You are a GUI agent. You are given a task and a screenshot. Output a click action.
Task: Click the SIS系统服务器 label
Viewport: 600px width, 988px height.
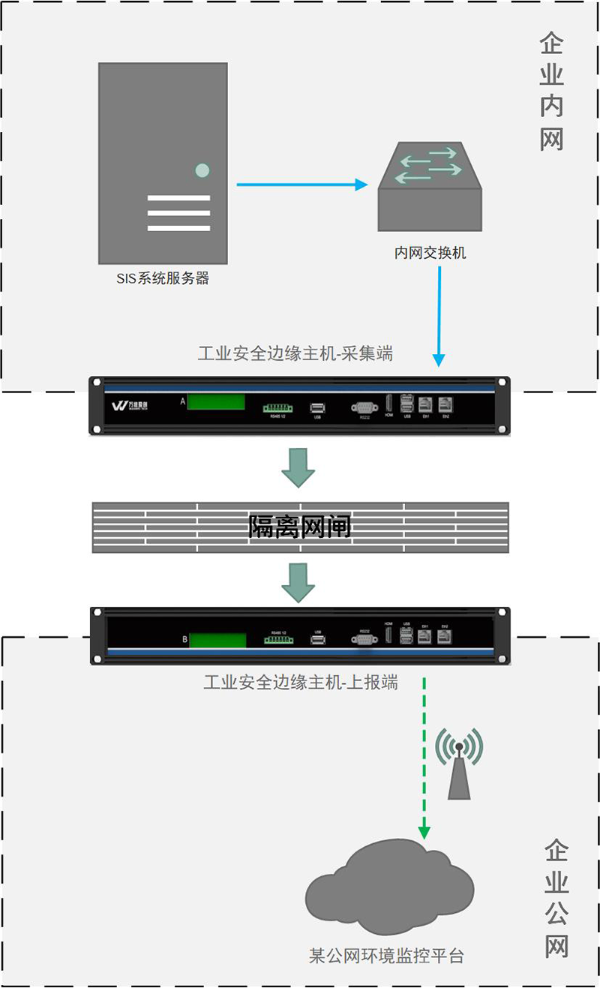pos(163,279)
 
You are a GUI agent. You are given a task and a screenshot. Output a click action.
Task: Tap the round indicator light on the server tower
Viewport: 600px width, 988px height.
pos(202,170)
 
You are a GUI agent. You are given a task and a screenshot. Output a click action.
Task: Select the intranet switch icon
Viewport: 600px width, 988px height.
pos(430,188)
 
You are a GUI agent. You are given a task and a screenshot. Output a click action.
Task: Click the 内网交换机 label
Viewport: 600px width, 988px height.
pos(430,253)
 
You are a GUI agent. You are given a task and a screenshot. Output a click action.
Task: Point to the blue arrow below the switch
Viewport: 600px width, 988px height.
pos(439,315)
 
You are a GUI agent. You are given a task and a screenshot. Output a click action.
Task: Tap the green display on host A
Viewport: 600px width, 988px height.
pos(216,402)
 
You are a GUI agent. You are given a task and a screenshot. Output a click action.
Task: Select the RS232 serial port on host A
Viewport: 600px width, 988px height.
pos(364,407)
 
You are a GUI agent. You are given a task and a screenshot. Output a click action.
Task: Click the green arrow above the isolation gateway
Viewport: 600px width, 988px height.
pos(298,467)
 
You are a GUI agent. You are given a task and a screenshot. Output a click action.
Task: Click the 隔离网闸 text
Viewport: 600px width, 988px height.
pos(300,528)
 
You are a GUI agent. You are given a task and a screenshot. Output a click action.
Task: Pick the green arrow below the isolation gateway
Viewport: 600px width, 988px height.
pos(298,583)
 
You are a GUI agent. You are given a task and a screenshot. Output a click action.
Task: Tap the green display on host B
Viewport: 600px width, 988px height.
pos(217,640)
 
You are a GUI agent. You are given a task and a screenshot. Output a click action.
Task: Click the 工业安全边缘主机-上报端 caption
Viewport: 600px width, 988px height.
pos(300,683)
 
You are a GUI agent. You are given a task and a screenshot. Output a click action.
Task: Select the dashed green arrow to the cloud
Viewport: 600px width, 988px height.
pos(425,758)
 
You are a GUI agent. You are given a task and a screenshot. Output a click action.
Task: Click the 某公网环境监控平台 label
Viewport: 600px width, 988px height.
pos(386,956)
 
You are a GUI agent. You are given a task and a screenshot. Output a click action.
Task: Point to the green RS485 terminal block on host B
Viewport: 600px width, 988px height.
pos(277,640)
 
